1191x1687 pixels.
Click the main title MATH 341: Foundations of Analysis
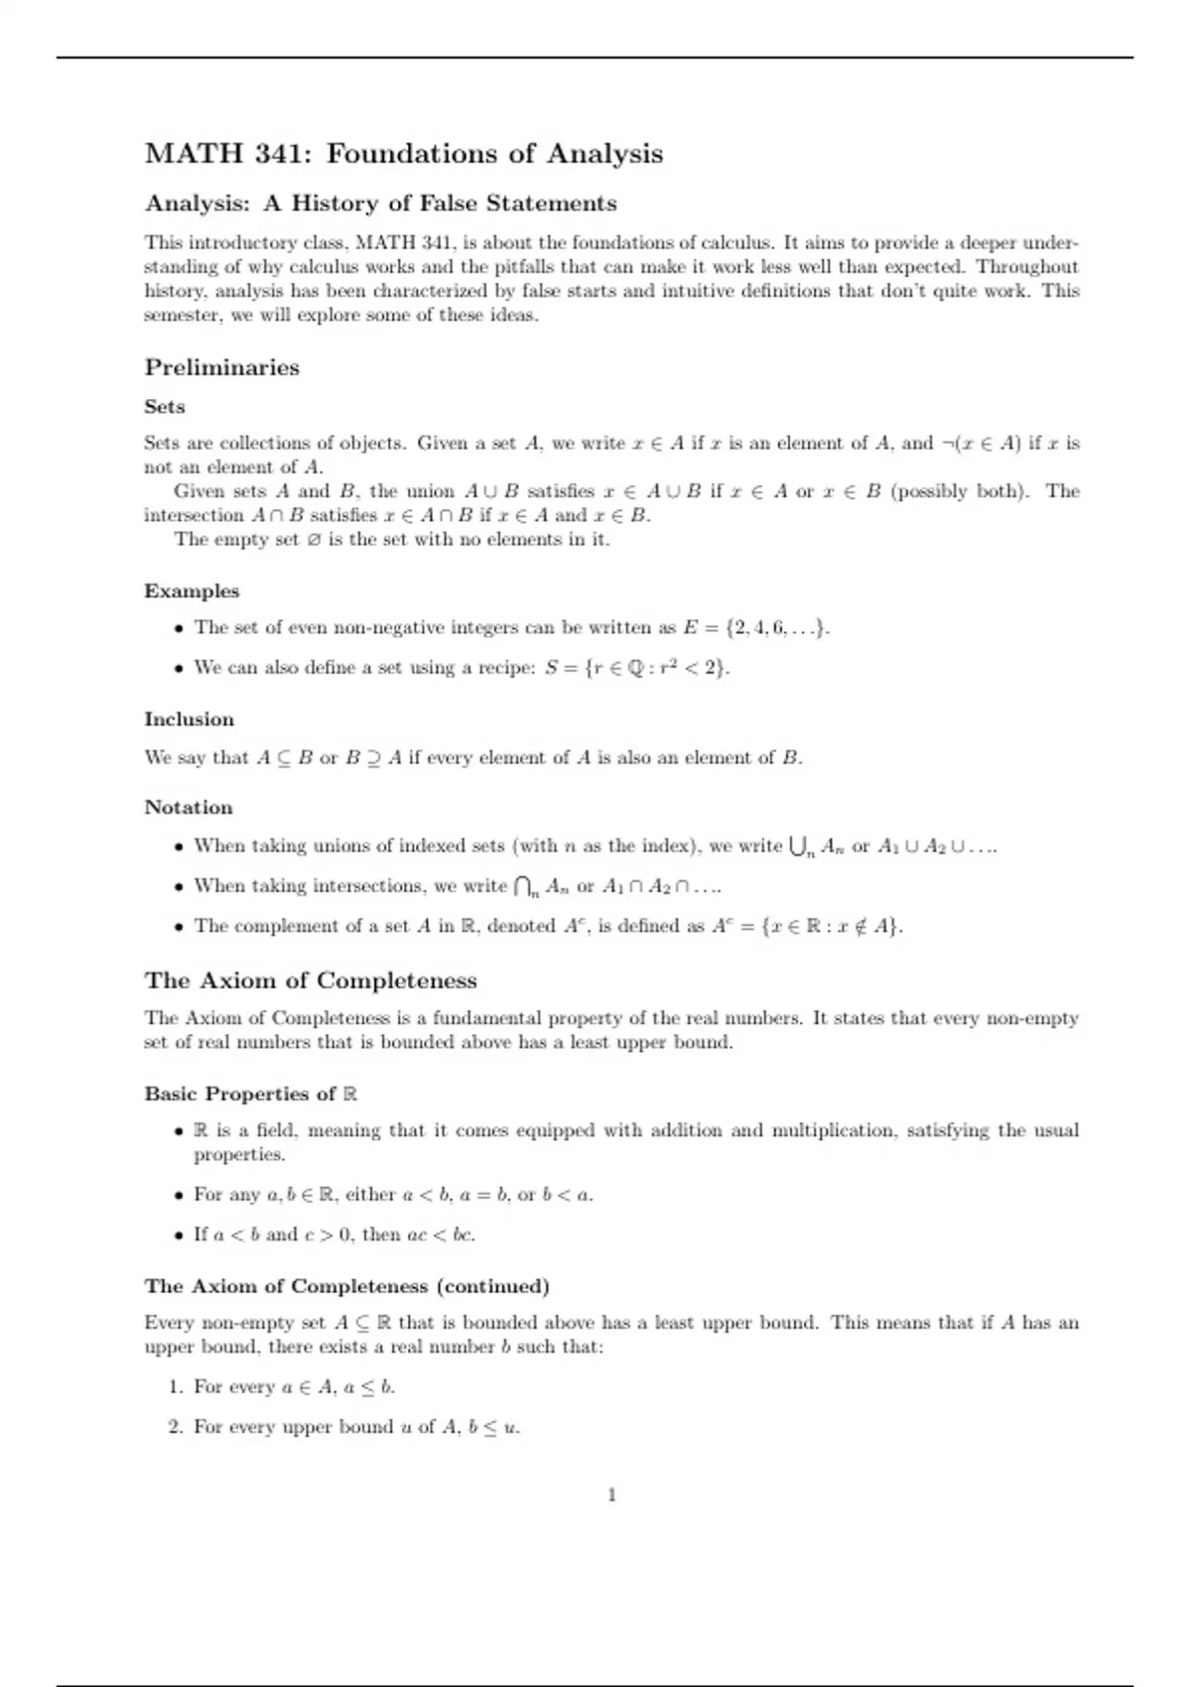403,154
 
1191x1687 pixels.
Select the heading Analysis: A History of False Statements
380,203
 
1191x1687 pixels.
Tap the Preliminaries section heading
221,367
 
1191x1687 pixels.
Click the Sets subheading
165,407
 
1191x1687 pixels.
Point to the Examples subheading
192,591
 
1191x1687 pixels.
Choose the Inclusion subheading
189,719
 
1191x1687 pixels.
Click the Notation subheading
189,808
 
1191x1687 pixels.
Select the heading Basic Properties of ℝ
250,1094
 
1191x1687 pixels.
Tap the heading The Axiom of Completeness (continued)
346,1286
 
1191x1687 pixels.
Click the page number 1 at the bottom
611,1494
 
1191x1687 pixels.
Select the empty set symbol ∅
314,540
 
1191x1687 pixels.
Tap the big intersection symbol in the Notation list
526,886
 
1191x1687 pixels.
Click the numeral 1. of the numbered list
176,1386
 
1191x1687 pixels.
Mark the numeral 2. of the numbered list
176,1427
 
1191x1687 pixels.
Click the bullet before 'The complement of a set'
179,927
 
